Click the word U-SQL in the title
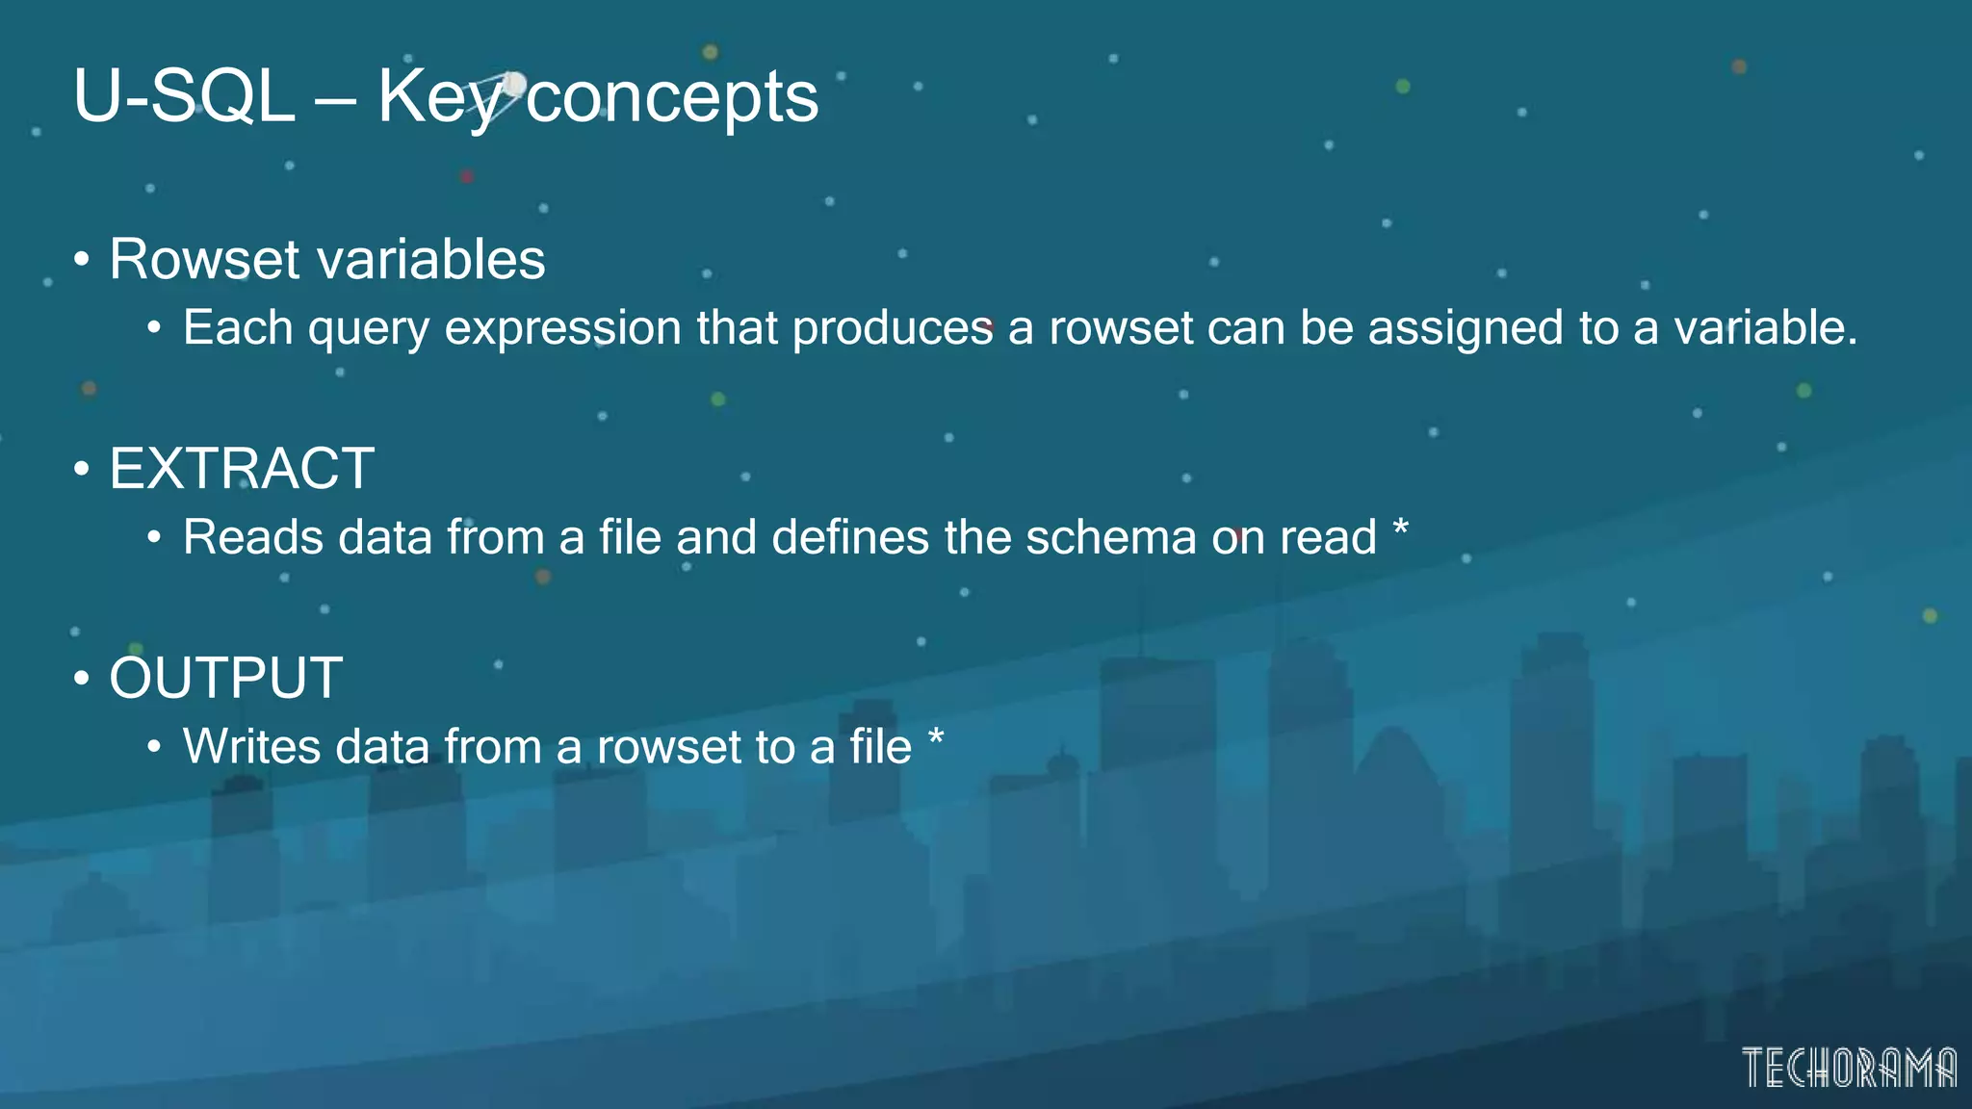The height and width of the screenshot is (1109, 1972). (x=184, y=96)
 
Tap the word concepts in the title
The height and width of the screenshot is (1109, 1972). (x=672, y=96)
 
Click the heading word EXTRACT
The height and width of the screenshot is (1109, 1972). (x=242, y=469)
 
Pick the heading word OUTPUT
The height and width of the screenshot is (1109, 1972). (x=226, y=678)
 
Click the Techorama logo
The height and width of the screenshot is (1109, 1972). (x=1849, y=1068)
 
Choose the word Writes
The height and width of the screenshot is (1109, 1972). (x=251, y=747)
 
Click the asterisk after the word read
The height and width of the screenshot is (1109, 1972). (x=1401, y=528)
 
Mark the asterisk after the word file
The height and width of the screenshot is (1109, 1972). (x=936, y=737)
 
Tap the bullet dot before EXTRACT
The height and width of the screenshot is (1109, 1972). (x=82, y=470)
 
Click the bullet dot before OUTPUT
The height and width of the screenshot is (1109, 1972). (x=82, y=679)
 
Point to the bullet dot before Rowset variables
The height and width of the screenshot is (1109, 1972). (x=82, y=260)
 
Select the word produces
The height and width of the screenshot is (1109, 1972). (x=893, y=328)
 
